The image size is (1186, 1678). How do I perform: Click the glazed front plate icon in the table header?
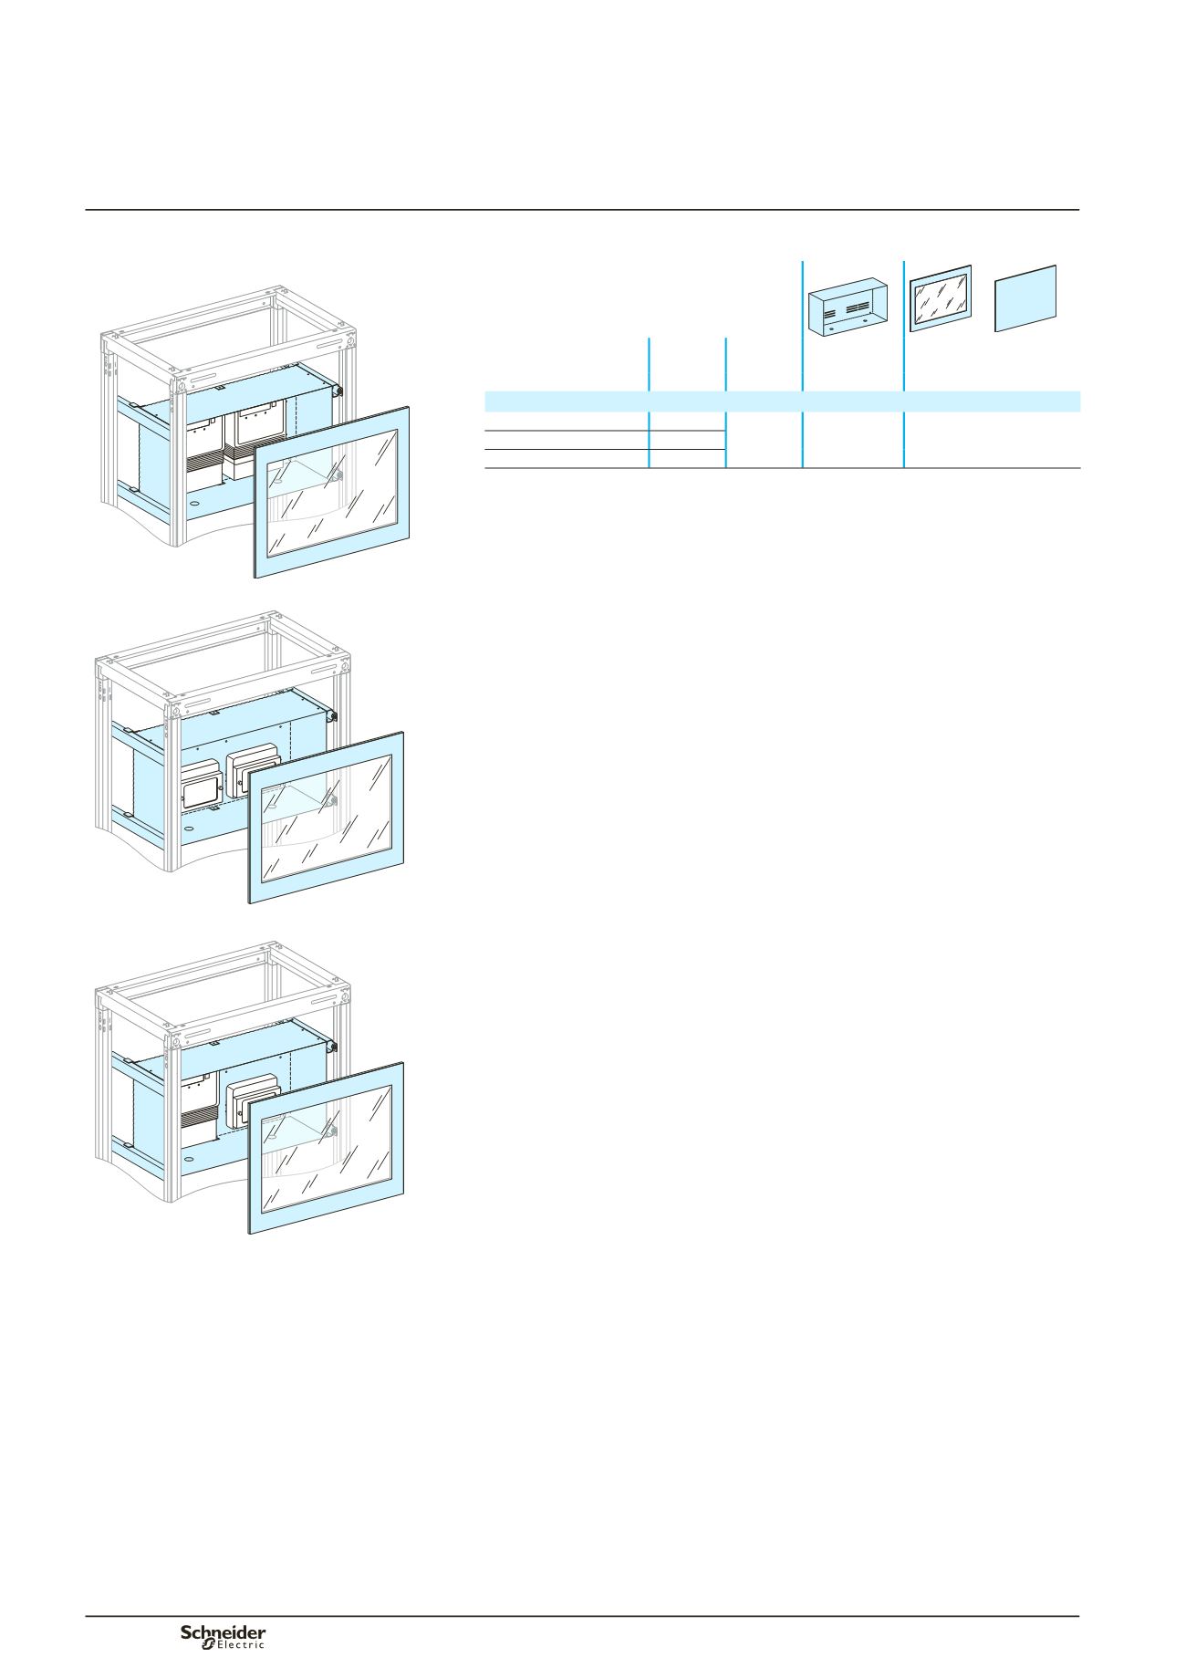pos(941,298)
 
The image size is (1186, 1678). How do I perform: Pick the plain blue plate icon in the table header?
pos(1025,298)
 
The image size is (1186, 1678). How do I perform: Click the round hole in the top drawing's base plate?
pos(192,500)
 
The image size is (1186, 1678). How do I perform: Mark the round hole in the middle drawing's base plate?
pos(188,828)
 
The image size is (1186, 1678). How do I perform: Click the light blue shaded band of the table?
pos(782,401)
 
